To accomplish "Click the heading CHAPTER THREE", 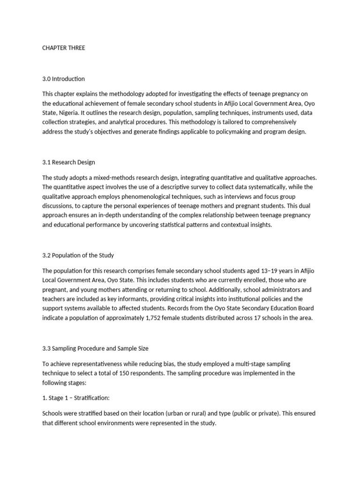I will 64,48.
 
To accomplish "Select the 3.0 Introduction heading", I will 64,79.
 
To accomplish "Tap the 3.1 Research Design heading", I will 68,162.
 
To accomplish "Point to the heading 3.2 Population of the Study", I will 78,255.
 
